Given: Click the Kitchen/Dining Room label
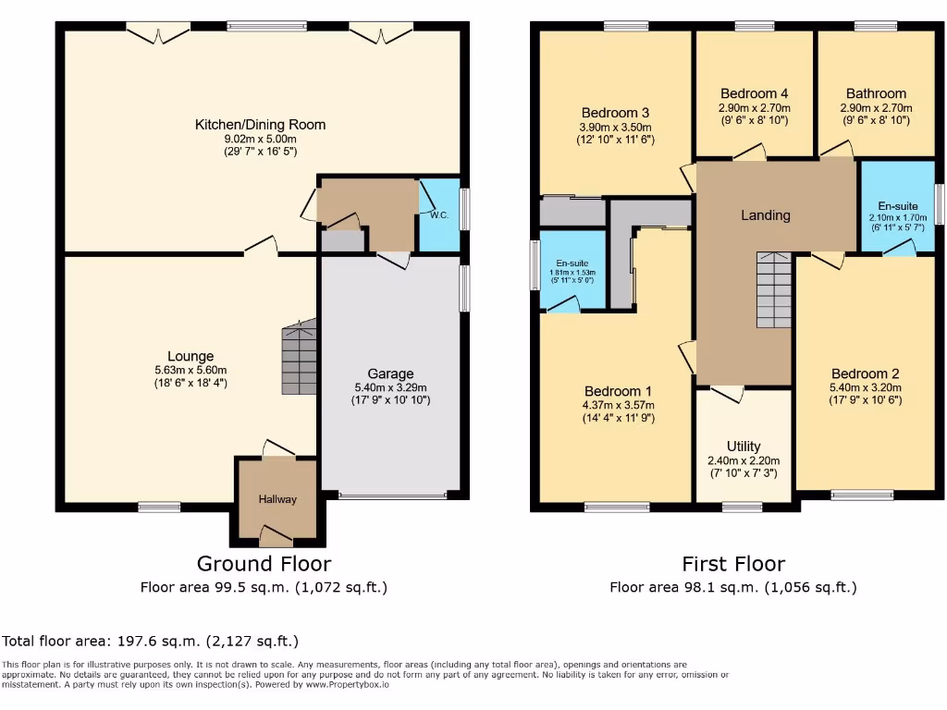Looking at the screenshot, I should coord(260,125).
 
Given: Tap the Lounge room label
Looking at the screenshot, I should coord(191,356).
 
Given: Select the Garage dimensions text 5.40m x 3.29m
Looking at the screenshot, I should coord(389,387).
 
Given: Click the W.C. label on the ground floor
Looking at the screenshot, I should coord(438,215).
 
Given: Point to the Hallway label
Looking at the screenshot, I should coord(277,499).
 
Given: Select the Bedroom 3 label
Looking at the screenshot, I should coord(613,113).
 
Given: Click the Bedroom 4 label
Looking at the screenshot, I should coord(754,93).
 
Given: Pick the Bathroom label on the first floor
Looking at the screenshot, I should coord(876,93).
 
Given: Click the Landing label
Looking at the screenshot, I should coord(766,215).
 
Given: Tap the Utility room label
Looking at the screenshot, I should coord(744,446).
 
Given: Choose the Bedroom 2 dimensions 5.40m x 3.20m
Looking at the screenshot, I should coord(864,387).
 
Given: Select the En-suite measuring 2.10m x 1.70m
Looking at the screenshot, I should coord(897,218).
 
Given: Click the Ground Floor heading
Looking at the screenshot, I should coord(264,563).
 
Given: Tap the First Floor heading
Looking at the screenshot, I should coord(733,563).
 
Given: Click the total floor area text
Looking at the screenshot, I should coord(151,641).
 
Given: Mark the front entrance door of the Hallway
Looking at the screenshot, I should coord(277,533).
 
